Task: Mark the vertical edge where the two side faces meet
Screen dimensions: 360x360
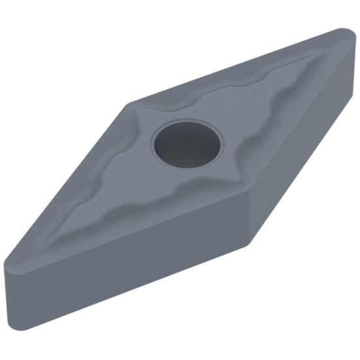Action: click(x=250, y=216)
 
